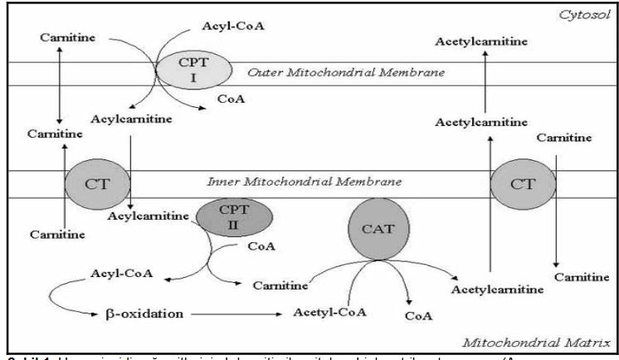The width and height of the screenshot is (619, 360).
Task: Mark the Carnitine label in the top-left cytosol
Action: click(59, 38)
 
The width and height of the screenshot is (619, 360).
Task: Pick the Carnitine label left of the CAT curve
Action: click(276, 285)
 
